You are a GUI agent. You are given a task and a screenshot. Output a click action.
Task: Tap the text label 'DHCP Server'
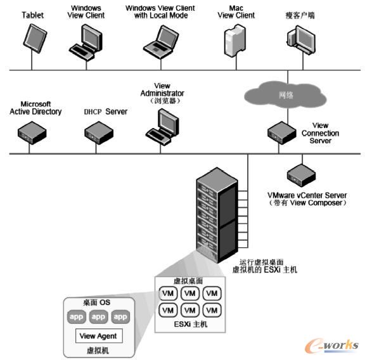(105, 112)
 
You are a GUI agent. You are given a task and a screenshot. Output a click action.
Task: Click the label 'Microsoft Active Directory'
(35, 108)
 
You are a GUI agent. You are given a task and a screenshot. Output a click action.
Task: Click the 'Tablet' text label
(32, 14)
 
